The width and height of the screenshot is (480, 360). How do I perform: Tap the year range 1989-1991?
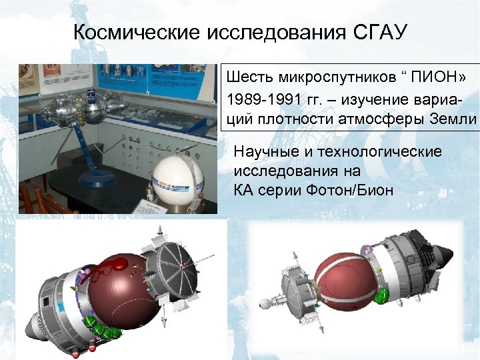pos(262,99)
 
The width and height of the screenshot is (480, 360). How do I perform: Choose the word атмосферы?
pos(382,119)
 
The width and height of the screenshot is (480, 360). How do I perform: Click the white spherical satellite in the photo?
pos(178,179)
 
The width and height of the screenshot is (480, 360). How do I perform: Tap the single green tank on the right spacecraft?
pos(383,295)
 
